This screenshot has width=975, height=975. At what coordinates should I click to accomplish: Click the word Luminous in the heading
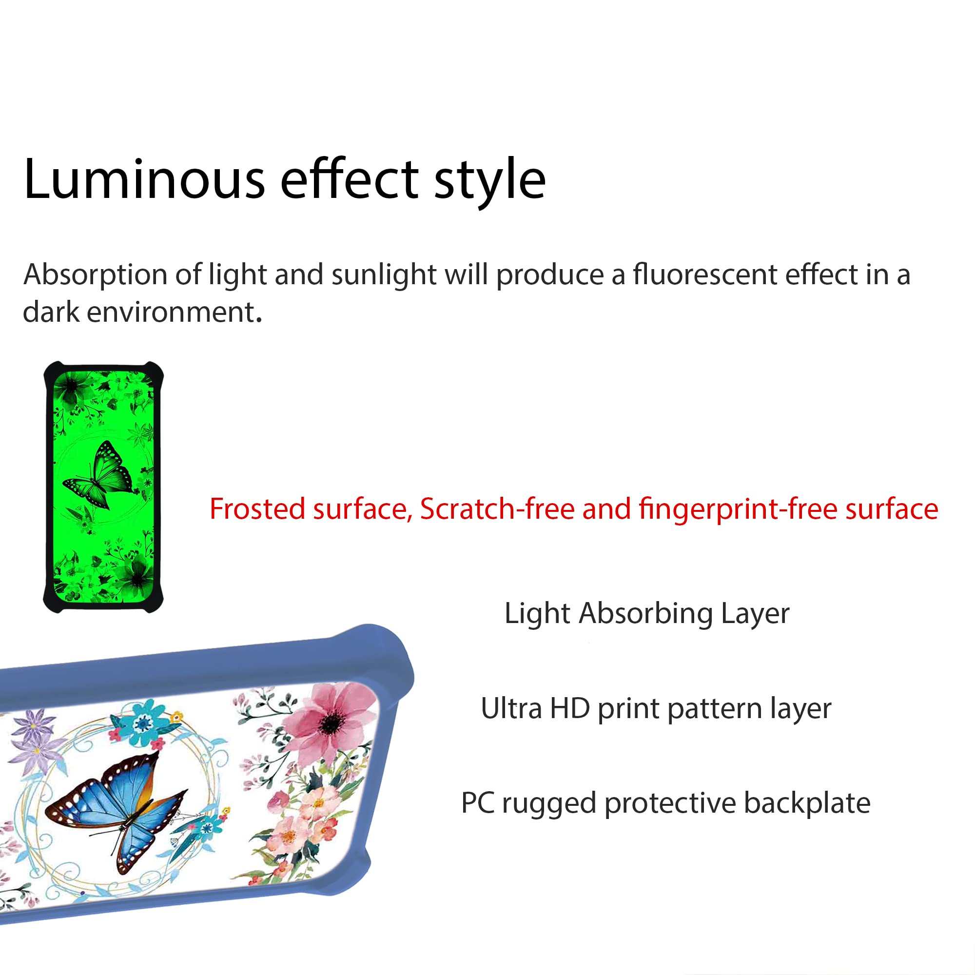click(144, 179)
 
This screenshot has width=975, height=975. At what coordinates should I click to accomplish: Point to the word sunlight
click(384, 275)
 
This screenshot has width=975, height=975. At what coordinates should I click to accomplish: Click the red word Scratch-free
click(497, 508)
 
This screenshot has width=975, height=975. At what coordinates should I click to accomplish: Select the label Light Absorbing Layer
click(647, 614)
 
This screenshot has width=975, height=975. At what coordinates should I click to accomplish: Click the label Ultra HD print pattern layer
click(656, 708)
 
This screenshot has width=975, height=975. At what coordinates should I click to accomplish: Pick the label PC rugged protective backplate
click(665, 803)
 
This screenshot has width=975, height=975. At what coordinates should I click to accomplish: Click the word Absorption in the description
click(95, 275)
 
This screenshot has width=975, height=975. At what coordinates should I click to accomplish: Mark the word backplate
click(807, 803)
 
